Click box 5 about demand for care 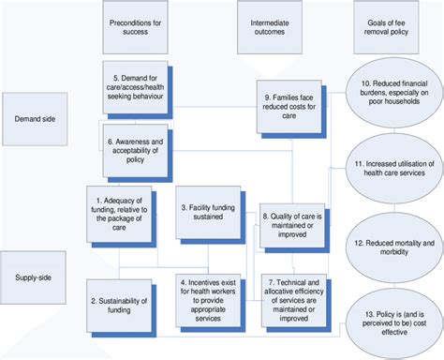pyautogui.click(x=136, y=87)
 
